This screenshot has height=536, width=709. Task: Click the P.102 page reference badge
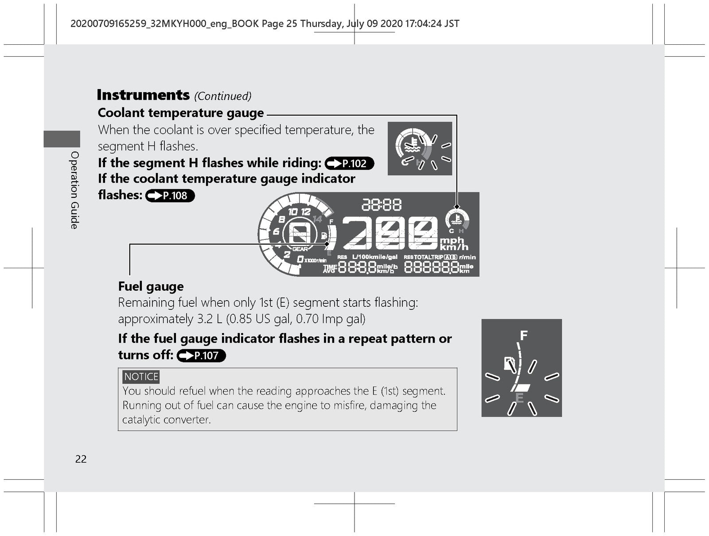coord(350,163)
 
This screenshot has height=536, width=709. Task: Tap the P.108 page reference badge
coord(170,196)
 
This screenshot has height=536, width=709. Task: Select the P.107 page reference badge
coord(201,356)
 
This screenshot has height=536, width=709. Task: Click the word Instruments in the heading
coord(143,95)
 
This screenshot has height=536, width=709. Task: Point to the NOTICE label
coord(141,376)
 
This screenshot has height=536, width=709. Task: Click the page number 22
coord(81,459)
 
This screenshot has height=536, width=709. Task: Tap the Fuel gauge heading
coord(151,286)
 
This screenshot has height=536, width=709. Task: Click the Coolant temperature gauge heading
coord(181,113)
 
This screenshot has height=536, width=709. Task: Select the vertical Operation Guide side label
coord(74,190)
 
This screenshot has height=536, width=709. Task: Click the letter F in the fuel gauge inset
coord(524,336)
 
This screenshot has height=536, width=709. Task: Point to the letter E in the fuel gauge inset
coord(519,398)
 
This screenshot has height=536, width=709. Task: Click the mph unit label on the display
coord(452,240)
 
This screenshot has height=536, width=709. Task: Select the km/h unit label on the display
coord(454,247)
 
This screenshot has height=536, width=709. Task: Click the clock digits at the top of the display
coord(382,205)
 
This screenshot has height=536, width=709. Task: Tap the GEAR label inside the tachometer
coord(300,249)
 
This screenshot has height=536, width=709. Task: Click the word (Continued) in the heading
coord(222,96)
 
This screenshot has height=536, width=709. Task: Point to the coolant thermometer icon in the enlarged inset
coord(413,145)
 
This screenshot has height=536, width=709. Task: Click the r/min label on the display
coord(467,257)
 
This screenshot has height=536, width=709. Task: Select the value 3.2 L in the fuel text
coord(210,319)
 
